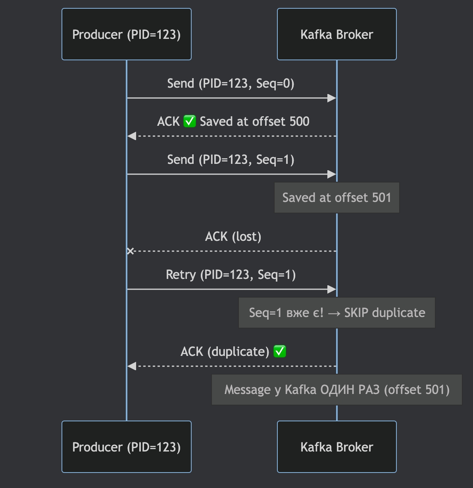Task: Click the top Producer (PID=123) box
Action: click(x=127, y=35)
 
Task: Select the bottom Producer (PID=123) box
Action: click(x=127, y=447)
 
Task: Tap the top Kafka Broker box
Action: click(x=336, y=35)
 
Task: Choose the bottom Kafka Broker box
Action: click(x=336, y=447)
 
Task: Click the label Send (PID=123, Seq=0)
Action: click(x=231, y=84)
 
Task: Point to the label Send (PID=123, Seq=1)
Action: click(x=231, y=160)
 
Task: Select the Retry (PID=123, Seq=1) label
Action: click(x=231, y=275)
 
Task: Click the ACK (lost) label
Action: click(x=233, y=237)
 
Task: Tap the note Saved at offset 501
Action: click(x=336, y=198)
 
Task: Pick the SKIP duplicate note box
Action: click(x=336, y=313)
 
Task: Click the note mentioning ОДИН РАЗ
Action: click(x=336, y=390)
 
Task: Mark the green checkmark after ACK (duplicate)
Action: click(x=280, y=352)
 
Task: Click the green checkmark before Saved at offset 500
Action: click(x=190, y=121)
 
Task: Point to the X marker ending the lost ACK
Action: click(x=130, y=251)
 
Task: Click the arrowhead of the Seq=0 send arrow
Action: click(x=332, y=98)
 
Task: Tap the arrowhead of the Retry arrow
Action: click(x=332, y=289)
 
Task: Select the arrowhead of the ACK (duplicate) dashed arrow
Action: click(x=132, y=366)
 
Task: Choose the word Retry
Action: click(x=181, y=275)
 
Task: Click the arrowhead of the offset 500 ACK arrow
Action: click(x=132, y=136)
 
